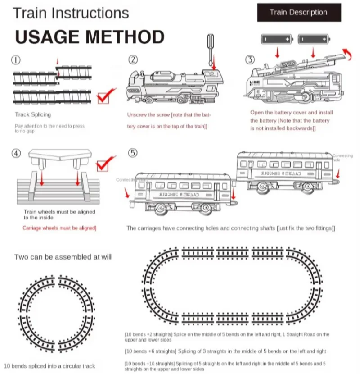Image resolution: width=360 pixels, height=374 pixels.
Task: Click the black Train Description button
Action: [x=298, y=13]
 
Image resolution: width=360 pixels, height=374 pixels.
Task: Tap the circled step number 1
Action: [x=16, y=60]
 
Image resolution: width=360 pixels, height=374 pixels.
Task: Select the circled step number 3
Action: [x=250, y=60]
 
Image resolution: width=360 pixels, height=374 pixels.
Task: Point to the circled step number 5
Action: [x=133, y=153]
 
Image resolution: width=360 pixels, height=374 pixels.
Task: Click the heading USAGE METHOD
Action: [x=90, y=37]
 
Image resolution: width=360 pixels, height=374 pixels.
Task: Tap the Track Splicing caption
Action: [x=33, y=115]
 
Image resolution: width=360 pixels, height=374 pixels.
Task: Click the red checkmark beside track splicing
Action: [x=107, y=95]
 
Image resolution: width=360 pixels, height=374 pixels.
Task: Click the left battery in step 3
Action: [x=277, y=40]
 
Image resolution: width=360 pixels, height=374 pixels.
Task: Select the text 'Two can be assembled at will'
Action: [x=63, y=257]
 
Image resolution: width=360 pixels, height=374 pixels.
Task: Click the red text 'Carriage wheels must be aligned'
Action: [x=59, y=228]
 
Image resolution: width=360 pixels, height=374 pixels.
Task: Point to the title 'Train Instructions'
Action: [x=71, y=13]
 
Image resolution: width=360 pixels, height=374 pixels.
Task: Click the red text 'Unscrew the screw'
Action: [x=148, y=115]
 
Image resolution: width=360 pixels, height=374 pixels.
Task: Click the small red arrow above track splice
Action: [x=57, y=61]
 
